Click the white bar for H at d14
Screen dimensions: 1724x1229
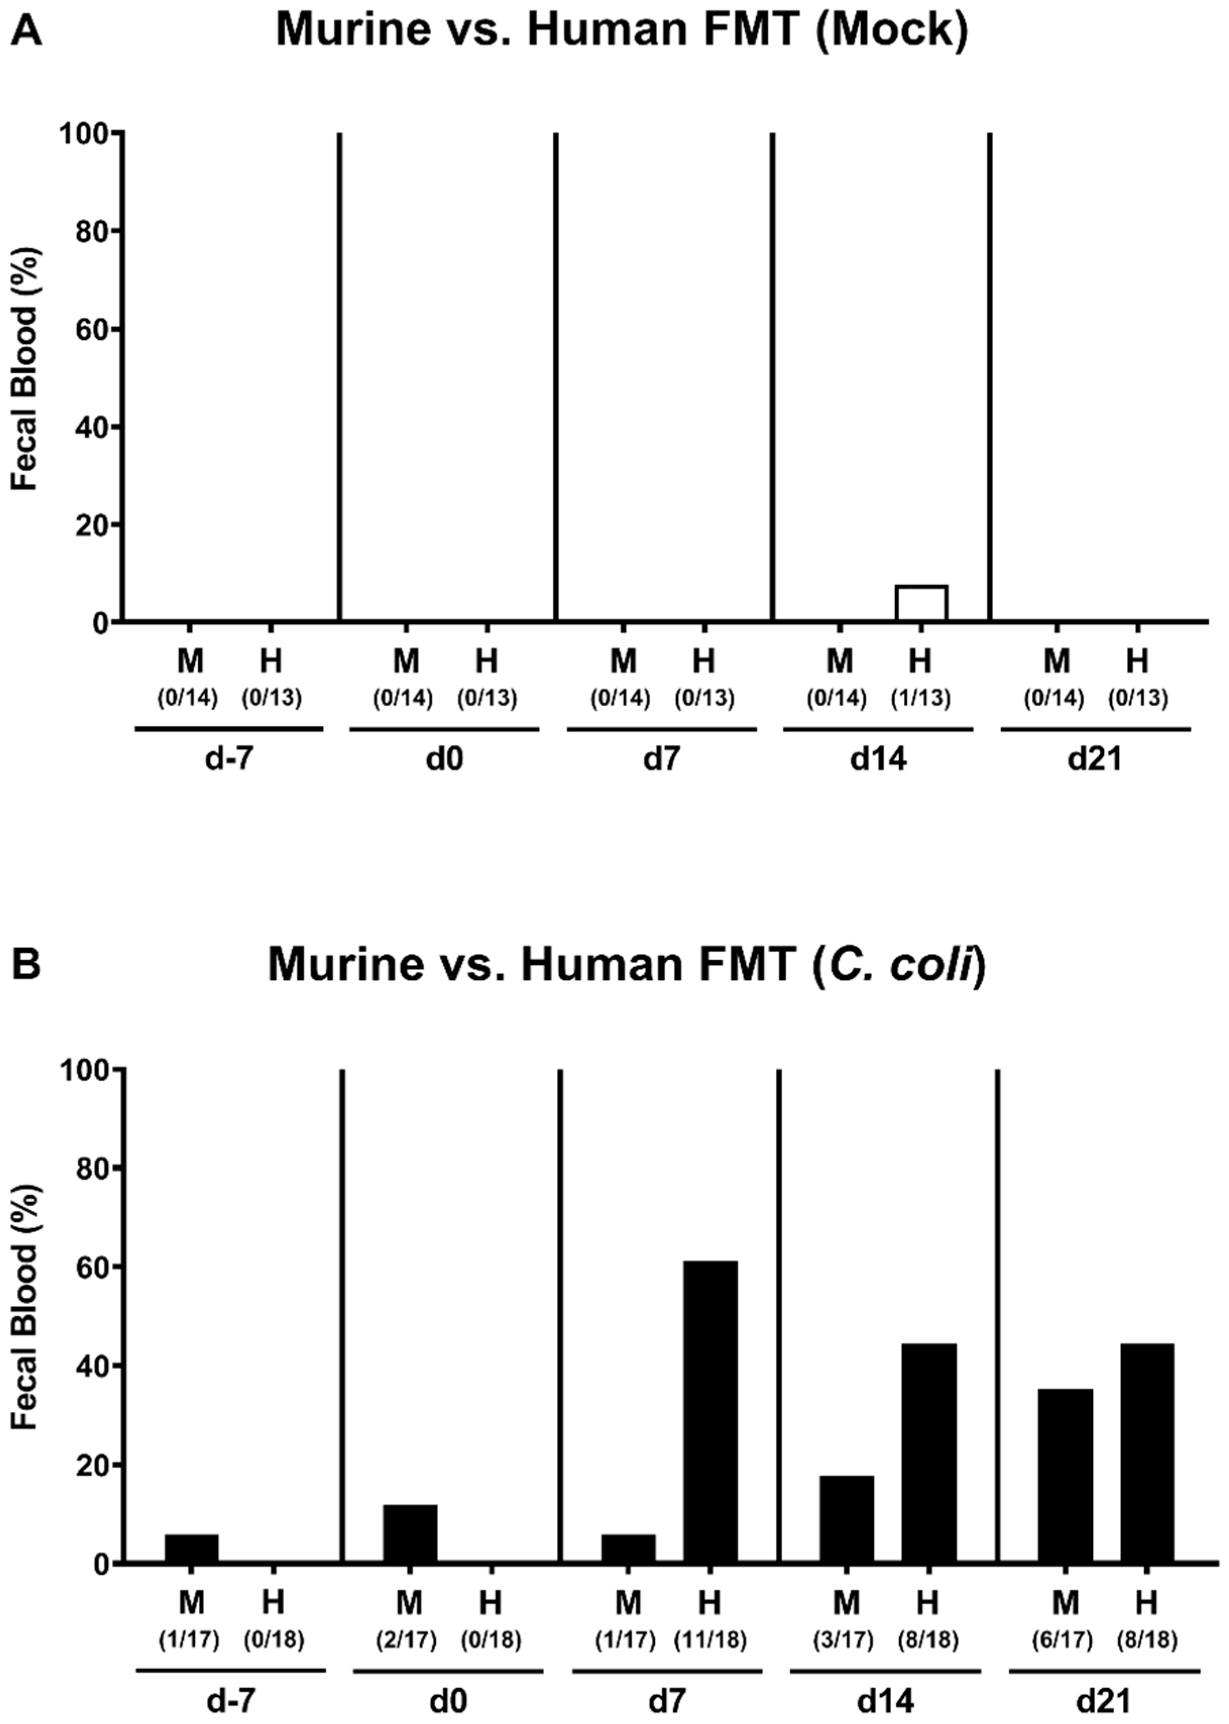[921, 603]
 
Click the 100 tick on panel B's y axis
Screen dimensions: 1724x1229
[86, 1070]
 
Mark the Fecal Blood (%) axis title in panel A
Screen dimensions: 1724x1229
[25, 369]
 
